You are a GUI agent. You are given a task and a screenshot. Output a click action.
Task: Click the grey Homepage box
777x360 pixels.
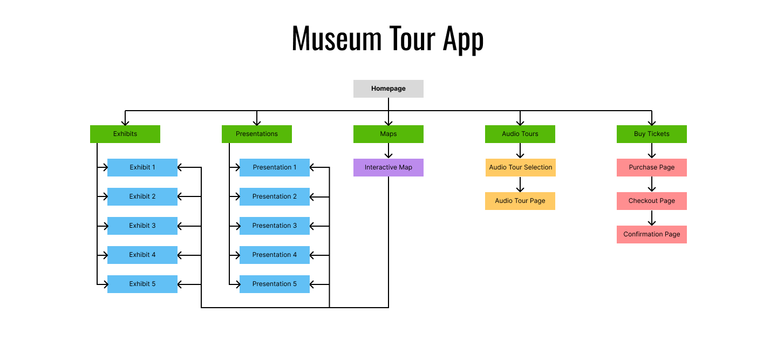pyautogui.click(x=388, y=89)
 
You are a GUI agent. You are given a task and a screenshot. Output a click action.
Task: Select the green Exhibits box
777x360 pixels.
pyautogui.click(x=125, y=134)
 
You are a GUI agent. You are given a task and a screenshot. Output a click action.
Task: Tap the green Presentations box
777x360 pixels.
pyautogui.click(x=257, y=134)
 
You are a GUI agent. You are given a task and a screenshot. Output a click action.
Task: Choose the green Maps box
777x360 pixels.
pyautogui.click(x=388, y=134)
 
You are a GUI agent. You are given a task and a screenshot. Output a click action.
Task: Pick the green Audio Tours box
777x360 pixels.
pyautogui.click(x=520, y=134)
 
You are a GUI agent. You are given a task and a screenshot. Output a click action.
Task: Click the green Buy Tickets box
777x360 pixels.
pyautogui.click(x=652, y=134)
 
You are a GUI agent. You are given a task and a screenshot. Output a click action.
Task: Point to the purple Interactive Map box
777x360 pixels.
pyautogui.click(x=388, y=167)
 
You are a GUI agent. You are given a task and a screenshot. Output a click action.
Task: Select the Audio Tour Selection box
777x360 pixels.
pyautogui.click(x=520, y=167)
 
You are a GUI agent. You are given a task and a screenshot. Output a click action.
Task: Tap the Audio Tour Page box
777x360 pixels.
pyautogui.click(x=520, y=201)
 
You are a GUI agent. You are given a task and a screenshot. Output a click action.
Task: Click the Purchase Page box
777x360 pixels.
pyautogui.click(x=652, y=167)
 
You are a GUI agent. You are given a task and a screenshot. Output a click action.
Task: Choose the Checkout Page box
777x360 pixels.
pyautogui.click(x=652, y=201)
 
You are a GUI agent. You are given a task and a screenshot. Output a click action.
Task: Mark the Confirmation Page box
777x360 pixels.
pyautogui.click(x=652, y=234)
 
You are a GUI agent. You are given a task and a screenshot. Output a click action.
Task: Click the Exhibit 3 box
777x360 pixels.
pyautogui.click(x=142, y=226)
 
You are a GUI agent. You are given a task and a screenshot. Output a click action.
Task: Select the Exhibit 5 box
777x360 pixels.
pyautogui.click(x=142, y=284)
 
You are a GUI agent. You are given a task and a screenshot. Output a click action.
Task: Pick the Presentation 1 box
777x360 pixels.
pyautogui.click(x=275, y=167)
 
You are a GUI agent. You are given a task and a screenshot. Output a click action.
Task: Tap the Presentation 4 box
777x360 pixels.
pyautogui.click(x=275, y=255)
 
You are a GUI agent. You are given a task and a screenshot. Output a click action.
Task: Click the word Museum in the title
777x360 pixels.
pyautogui.click(x=336, y=38)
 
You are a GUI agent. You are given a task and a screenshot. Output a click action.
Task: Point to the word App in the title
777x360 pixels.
pyautogui.click(x=463, y=39)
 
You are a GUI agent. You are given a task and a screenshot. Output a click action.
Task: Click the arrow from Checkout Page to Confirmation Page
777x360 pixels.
pyautogui.click(x=652, y=218)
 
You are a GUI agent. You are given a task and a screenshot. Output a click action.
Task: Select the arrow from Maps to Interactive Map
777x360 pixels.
pyautogui.click(x=388, y=151)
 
